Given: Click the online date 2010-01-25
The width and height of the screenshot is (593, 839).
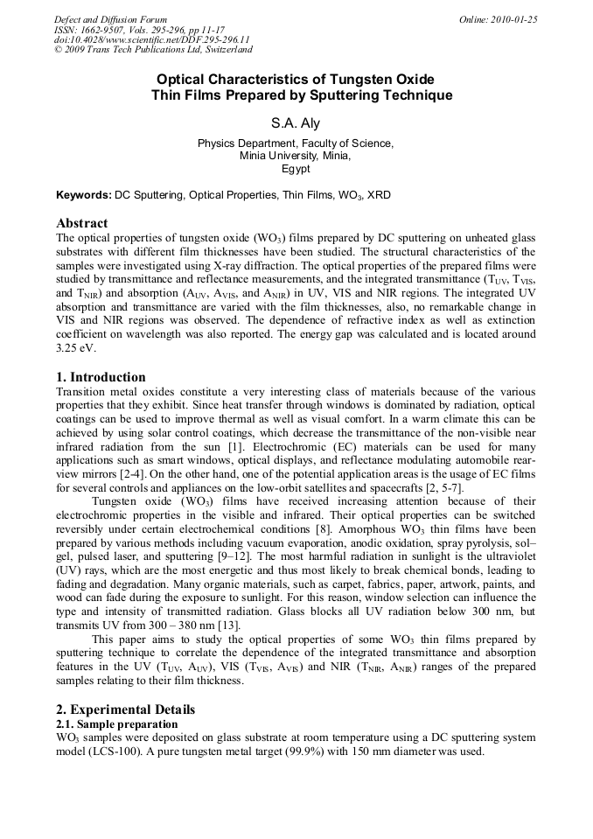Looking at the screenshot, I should coord(514,19).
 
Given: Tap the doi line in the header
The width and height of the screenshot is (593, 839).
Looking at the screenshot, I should coord(151,39).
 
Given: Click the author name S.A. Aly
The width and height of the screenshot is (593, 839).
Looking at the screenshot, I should coord(296,123).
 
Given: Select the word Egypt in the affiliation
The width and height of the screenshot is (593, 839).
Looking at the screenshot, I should coord(296,170).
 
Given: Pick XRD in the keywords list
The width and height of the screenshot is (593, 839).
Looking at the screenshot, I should coord(379,195).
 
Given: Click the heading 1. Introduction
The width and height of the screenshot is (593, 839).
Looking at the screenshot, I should coord(101,377).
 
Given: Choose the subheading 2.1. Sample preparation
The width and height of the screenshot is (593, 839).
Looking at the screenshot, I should coord(116,724).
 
